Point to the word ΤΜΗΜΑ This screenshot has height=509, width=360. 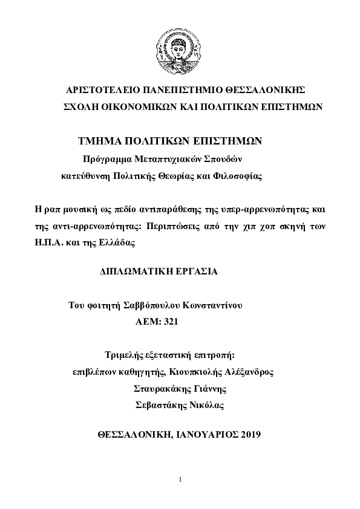(98, 141)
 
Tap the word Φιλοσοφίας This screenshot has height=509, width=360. (242, 177)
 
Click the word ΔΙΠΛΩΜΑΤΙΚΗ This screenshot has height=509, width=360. (133, 273)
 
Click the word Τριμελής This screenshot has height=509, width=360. (123, 354)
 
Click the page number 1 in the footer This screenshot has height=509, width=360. (180, 479)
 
